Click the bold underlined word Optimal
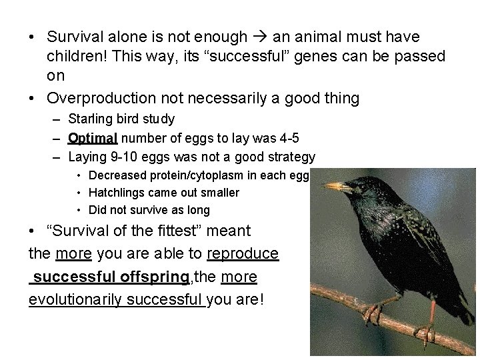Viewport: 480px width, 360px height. tap(93, 139)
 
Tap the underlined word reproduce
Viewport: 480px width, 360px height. tap(243, 254)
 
